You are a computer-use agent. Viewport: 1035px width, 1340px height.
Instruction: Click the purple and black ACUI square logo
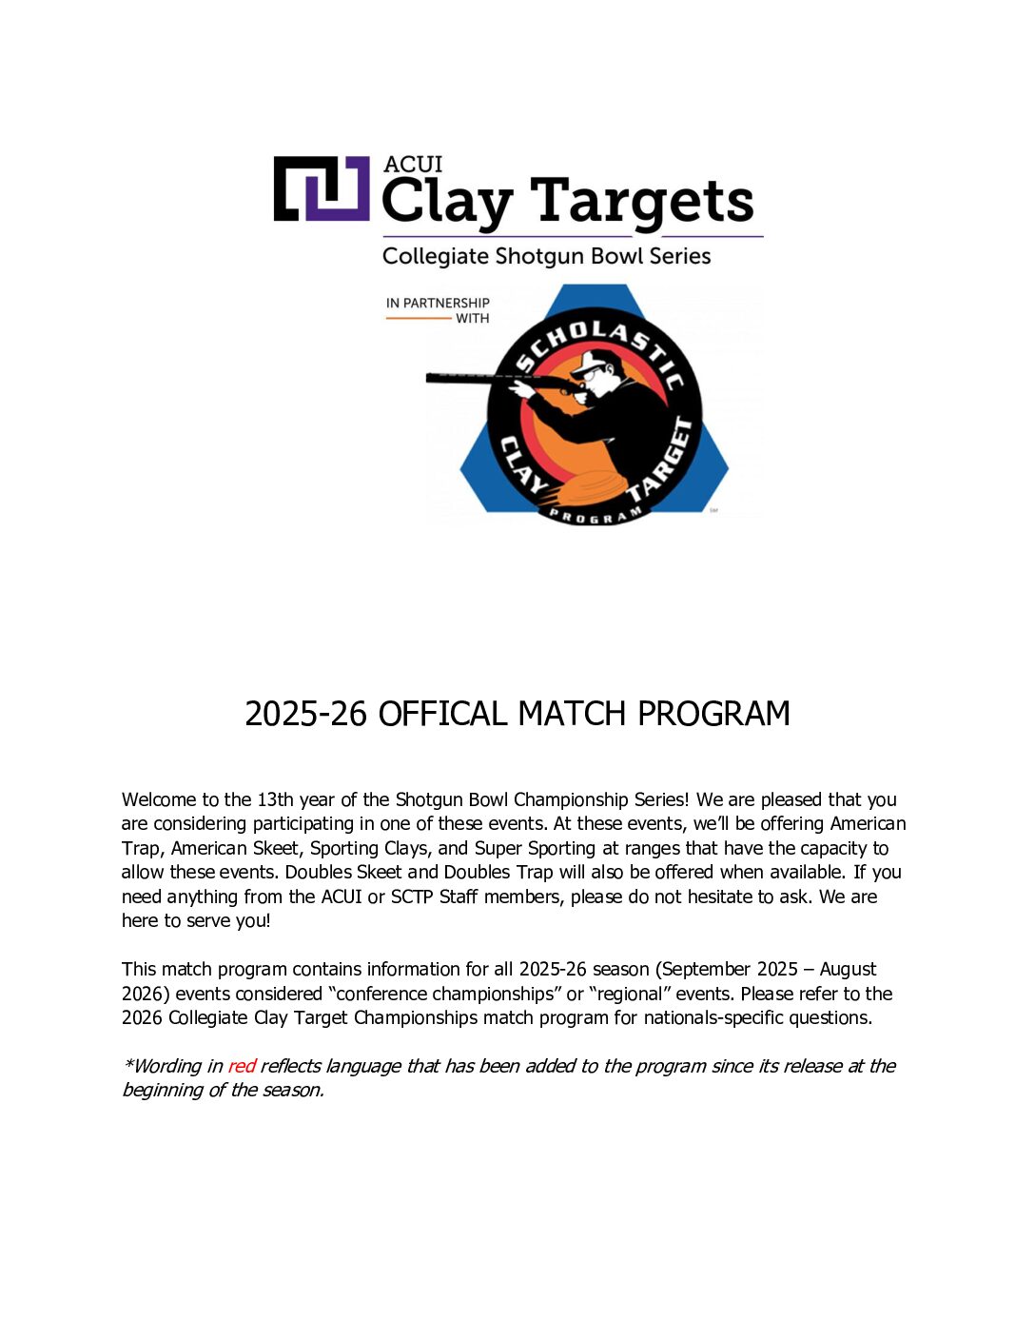[322, 188]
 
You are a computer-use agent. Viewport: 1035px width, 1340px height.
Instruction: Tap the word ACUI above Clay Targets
[413, 164]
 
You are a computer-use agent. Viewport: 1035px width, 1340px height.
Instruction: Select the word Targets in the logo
[642, 202]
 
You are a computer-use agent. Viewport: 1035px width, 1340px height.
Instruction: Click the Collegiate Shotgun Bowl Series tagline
[546, 256]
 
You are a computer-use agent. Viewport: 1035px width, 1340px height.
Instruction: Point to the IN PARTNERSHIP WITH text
[439, 310]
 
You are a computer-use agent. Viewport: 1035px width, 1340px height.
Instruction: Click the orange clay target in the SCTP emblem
[590, 488]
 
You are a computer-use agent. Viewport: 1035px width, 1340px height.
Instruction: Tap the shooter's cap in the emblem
[598, 362]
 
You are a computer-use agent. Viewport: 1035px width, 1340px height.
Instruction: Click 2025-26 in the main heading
[305, 714]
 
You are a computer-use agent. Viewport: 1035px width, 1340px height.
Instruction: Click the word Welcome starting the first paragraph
[159, 799]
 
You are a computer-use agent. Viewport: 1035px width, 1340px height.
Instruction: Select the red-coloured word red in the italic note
[242, 1066]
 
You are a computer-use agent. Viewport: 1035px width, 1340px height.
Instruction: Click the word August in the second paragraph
[848, 969]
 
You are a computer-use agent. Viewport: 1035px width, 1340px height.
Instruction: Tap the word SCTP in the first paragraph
[412, 897]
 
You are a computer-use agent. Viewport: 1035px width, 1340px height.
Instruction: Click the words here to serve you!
[196, 920]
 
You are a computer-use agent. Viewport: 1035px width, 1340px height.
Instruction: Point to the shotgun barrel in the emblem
[471, 379]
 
